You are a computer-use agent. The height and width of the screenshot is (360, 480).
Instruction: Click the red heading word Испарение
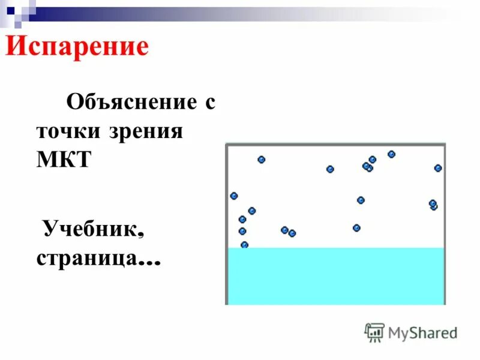tap(77, 47)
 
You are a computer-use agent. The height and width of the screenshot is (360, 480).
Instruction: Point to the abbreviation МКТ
tap(63, 160)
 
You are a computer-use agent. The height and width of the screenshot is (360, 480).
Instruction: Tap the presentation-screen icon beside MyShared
tap(374, 332)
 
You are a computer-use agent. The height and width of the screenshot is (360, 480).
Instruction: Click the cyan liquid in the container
tap(336, 276)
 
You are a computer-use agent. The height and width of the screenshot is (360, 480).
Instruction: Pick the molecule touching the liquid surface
tap(244, 245)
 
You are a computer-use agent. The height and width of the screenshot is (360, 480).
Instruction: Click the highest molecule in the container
tap(391, 154)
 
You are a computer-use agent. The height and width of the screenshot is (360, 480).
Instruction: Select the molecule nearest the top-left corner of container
tap(261, 160)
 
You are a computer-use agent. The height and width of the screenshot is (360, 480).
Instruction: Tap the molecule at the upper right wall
tap(438, 168)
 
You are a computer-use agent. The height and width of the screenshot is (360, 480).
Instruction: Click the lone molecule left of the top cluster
tap(330, 169)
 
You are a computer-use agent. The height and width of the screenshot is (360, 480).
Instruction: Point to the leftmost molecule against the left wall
tap(234, 196)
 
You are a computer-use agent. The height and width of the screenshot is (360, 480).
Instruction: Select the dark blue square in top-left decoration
tap(10, 10)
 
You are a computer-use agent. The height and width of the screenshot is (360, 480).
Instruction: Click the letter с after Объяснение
tap(209, 102)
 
